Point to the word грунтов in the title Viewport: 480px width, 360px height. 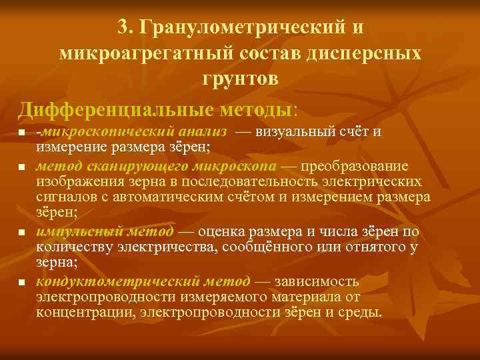239,79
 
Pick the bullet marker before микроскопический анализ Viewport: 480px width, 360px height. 22,135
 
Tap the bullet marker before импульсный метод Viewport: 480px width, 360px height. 22,233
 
